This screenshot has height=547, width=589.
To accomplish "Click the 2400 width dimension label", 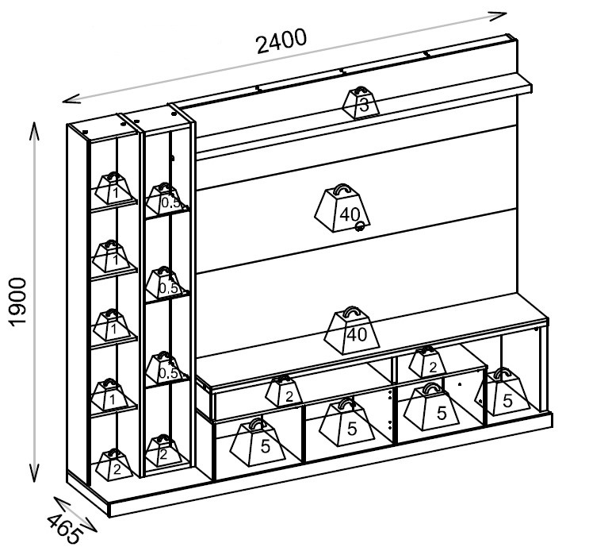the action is click(x=281, y=40).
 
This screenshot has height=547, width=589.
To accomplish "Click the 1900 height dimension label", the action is click(x=18, y=302).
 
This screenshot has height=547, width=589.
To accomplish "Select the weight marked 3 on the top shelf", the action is click(x=361, y=102).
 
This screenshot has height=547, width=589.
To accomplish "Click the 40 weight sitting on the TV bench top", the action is click(x=352, y=330).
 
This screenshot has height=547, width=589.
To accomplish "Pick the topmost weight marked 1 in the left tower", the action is click(x=113, y=188).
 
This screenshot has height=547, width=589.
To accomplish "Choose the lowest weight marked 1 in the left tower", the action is click(x=111, y=395).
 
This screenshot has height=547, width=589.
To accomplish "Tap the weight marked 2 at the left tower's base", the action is click(x=114, y=464).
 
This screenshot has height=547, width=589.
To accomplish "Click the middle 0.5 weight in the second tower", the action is click(x=165, y=283).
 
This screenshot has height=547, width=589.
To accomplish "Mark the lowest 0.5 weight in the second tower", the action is click(x=165, y=368).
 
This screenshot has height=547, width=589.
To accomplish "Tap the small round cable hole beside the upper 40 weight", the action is click(x=360, y=226).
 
